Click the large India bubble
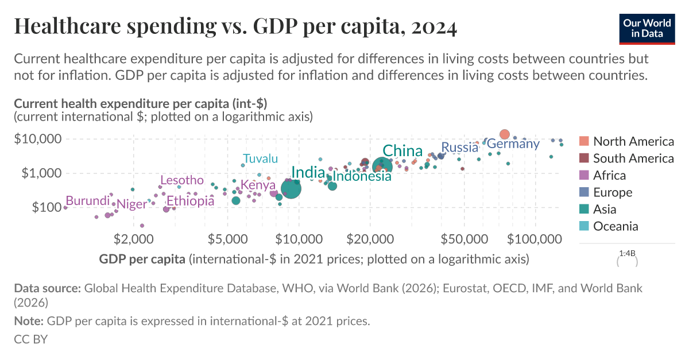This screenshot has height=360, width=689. (291, 188)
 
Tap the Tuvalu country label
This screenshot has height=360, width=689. (260, 158)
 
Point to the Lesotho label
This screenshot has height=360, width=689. (181, 180)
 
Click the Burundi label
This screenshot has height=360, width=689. (87, 201)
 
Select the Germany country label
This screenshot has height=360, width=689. (513, 144)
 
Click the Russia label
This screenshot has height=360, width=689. (459, 148)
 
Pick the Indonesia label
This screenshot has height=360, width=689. (362, 176)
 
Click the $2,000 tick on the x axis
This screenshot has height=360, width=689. (133, 237)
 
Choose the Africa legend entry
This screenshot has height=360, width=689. (609, 175)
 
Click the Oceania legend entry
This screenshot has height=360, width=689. (615, 226)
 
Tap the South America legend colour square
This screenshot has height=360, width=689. (584, 158)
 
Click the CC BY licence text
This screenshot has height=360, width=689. (30, 339)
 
